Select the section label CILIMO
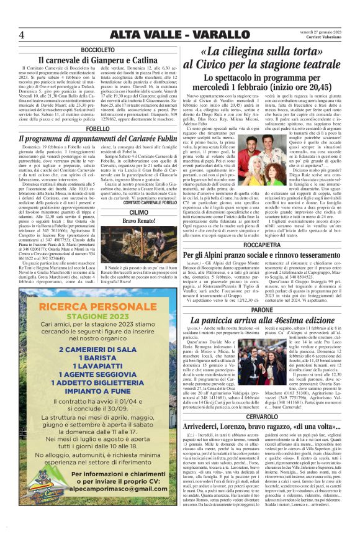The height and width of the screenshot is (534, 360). click(139, 212)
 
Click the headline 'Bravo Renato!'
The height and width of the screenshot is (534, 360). click(139, 221)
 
